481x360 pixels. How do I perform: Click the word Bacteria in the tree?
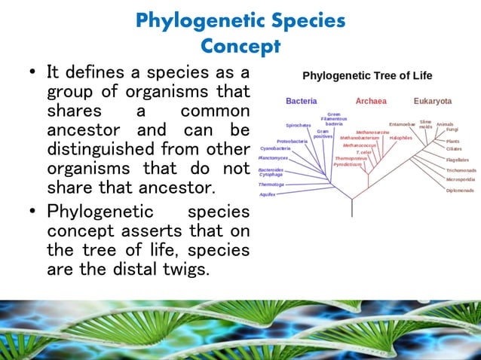(301, 101)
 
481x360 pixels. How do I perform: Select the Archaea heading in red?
(371, 101)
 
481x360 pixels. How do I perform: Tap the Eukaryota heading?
(433, 101)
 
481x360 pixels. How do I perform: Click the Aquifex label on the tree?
(267, 194)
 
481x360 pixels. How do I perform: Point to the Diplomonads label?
(459, 191)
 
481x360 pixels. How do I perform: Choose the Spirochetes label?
(299, 125)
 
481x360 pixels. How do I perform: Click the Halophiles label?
(400, 138)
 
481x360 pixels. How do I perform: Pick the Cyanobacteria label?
(275, 148)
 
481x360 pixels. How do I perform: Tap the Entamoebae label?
(403, 124)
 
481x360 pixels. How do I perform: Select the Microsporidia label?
(460, 180)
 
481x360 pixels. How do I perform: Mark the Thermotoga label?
(271, 184)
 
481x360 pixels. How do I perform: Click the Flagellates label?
(457, 160)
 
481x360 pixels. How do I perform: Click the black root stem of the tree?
(351, 208)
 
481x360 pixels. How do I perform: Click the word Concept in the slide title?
(240, 47)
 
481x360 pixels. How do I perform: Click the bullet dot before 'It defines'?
(31, 73)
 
